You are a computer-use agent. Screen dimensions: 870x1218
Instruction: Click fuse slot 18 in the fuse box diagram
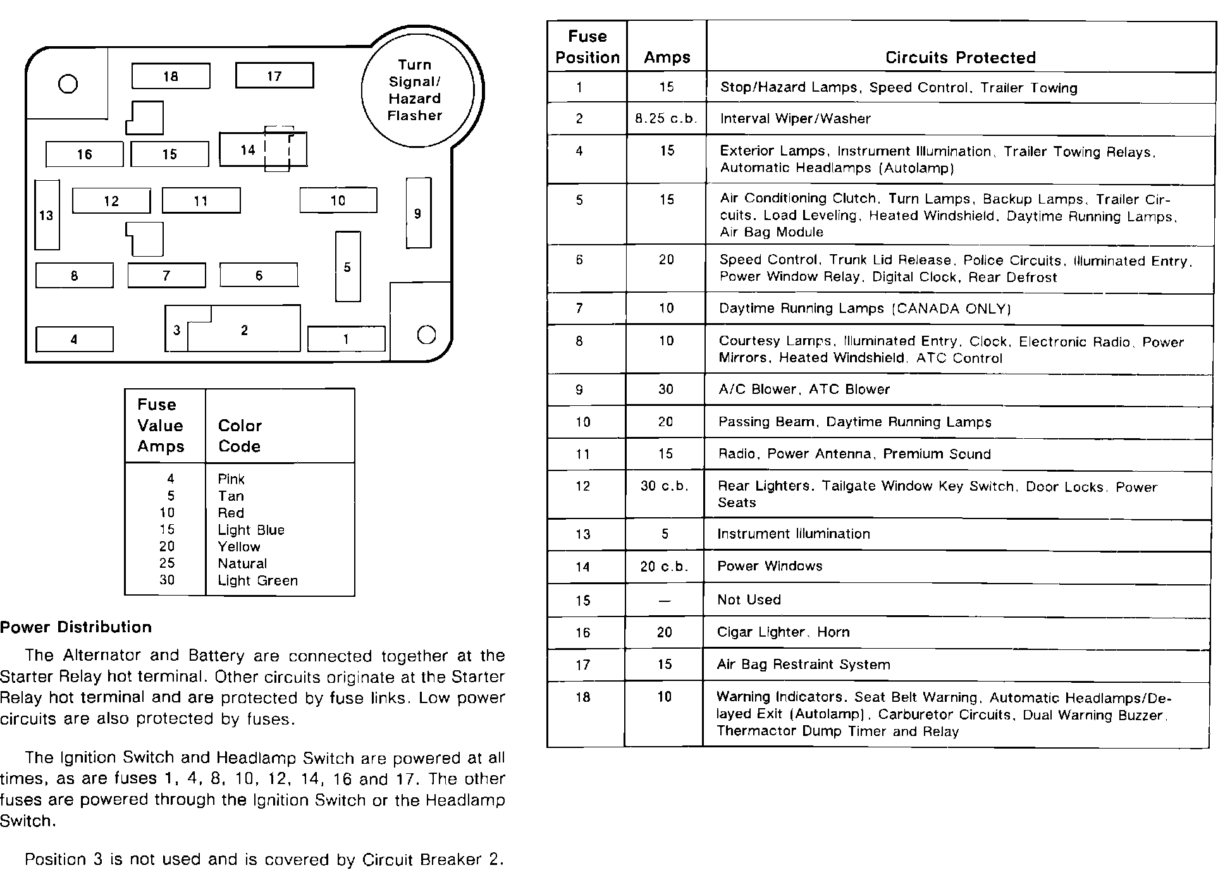pos(171,77)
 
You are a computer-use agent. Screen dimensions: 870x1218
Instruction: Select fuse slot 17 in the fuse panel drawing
pos(274,76)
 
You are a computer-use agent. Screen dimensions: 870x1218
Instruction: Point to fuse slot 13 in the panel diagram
pos(47,215)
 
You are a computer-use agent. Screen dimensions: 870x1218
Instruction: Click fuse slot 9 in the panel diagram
pos(418,213)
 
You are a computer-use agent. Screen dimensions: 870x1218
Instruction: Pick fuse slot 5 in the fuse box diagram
pos(347,267)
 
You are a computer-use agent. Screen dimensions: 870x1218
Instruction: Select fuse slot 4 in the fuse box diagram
pos(74,340)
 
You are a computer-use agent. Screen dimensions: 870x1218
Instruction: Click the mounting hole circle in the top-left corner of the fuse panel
pos(68,84)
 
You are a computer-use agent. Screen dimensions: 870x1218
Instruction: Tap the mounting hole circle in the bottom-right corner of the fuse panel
pos(427,334)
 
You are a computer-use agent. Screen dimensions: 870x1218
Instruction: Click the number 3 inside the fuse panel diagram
pos(176,330)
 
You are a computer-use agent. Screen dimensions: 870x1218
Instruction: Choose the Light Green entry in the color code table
pos(257,580)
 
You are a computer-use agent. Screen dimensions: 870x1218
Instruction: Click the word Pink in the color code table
pos(231,479)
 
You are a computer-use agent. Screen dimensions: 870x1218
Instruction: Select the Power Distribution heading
pos(76,627)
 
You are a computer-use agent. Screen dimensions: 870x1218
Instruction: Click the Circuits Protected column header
pos(960,58)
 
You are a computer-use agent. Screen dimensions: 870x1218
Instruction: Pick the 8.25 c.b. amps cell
pos(666,118)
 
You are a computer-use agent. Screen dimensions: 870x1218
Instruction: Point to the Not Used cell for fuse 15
pos(749,599)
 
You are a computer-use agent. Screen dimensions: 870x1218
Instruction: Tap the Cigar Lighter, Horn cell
pos(783,632)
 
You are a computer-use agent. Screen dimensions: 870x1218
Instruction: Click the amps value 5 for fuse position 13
pos(665,534)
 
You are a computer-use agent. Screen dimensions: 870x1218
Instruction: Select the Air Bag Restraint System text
pos(803,664)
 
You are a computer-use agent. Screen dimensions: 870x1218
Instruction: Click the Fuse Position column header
pos(587,47)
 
